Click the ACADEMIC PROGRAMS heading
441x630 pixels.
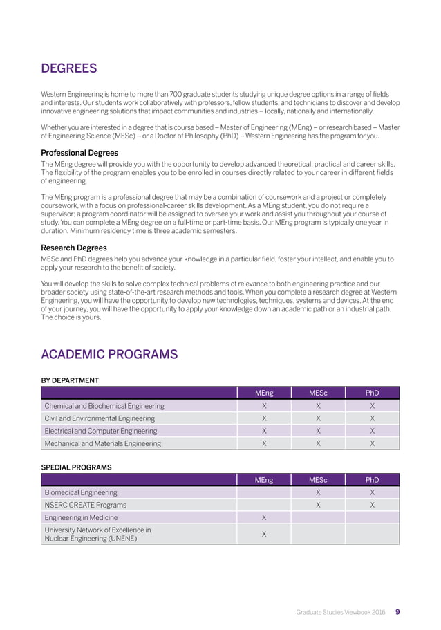point(109,355)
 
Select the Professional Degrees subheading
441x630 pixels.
point(79,153)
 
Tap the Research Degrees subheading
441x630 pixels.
point(73,248)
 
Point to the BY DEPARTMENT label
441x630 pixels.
point(70,380)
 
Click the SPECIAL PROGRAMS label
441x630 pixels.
point(76,467)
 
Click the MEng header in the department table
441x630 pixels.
point(264,393)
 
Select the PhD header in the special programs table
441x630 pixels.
point(372,480)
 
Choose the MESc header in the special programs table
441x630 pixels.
point(318,480)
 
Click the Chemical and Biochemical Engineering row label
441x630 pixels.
point(104,406)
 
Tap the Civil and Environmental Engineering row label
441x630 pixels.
point(100,418)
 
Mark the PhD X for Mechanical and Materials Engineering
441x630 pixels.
point(372,443)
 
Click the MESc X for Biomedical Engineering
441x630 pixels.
point(318,492)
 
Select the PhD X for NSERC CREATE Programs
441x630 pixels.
point(372,505)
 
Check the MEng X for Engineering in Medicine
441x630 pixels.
point(264,517)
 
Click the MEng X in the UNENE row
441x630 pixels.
point(264,535)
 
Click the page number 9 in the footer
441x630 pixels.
point(397,612)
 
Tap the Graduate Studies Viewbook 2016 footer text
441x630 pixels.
point(341,612)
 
